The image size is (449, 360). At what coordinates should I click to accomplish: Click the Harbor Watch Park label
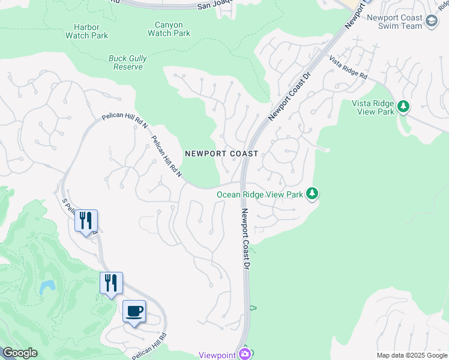click(x=91, y=31)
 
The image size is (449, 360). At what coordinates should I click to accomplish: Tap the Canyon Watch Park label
click(x=169, y=29)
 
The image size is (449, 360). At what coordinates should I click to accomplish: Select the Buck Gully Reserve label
click(x=126, y=63)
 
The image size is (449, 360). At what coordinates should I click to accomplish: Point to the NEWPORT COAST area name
click(x=221, y=154)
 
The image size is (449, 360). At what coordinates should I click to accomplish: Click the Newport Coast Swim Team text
click(x=395, y=22)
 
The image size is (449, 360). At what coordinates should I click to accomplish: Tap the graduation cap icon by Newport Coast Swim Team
click(x=431, y=22)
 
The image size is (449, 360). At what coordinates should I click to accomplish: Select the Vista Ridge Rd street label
click(x=348, y=67)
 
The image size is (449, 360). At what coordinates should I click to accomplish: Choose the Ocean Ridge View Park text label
click(x=259, y=194)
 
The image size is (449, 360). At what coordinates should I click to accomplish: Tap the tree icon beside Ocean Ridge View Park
click(x=312, y=194)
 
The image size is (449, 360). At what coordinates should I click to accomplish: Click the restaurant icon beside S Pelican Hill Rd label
click(x=86, y=221)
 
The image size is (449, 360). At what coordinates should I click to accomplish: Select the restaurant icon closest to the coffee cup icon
click(x=111, y=283)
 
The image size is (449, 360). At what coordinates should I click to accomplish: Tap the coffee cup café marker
click(x=134, y=311)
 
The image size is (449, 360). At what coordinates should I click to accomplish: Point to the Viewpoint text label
click(x=217, y=355)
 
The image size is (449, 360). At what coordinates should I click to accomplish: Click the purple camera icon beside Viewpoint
click(x=244, y=354)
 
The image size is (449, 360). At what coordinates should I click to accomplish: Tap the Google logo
click(x=19, y=353)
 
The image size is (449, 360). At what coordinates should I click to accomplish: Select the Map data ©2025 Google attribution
click(x=412, y=355)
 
